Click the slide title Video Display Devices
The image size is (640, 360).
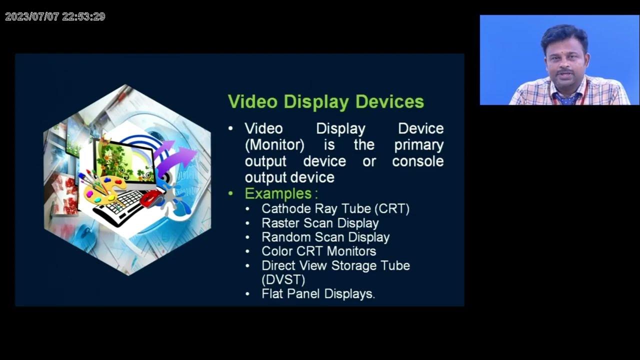(325, 101)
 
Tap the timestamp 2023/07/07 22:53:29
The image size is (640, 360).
(55, 16)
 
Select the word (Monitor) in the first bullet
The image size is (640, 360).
(274, 145)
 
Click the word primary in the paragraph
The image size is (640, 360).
(418, 145)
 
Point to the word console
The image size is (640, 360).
(417, 161)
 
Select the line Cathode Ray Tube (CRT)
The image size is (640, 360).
(335, 208)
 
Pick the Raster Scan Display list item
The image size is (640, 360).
(320, 223)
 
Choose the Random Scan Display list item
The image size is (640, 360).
(325, 237)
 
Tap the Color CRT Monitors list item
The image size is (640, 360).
(318, 251)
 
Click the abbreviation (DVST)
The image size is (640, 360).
(283, 279)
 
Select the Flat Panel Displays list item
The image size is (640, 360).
(318, 294)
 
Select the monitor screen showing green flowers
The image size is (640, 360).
(120, 160)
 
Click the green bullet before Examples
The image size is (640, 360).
(230, 193)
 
